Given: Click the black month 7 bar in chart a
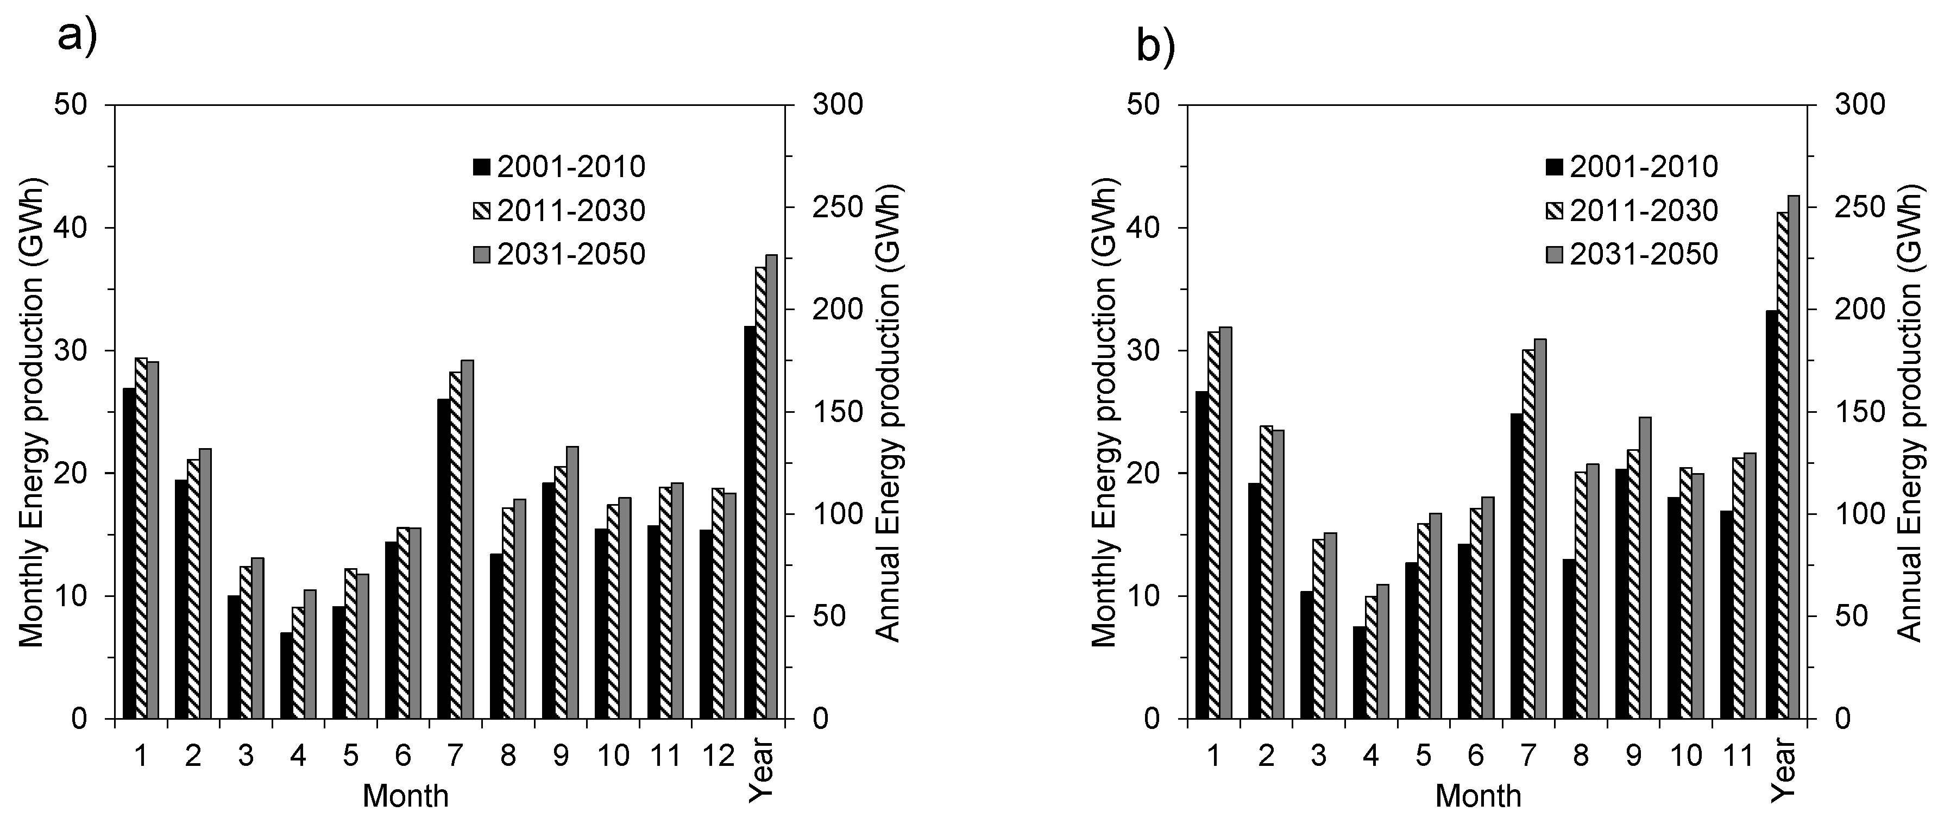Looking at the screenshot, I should coord(443,558).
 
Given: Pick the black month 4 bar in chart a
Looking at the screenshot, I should coord(286,675).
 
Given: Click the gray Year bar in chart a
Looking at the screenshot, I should coord(771,487).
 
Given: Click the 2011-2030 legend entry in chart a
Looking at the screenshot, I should coord(558,211).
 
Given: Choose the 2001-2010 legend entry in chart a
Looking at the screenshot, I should coord(558,167).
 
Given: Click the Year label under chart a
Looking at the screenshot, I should coord(762,771).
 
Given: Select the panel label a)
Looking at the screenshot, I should coord(78,37).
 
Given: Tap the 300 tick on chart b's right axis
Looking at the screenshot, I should coord(1860,104).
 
